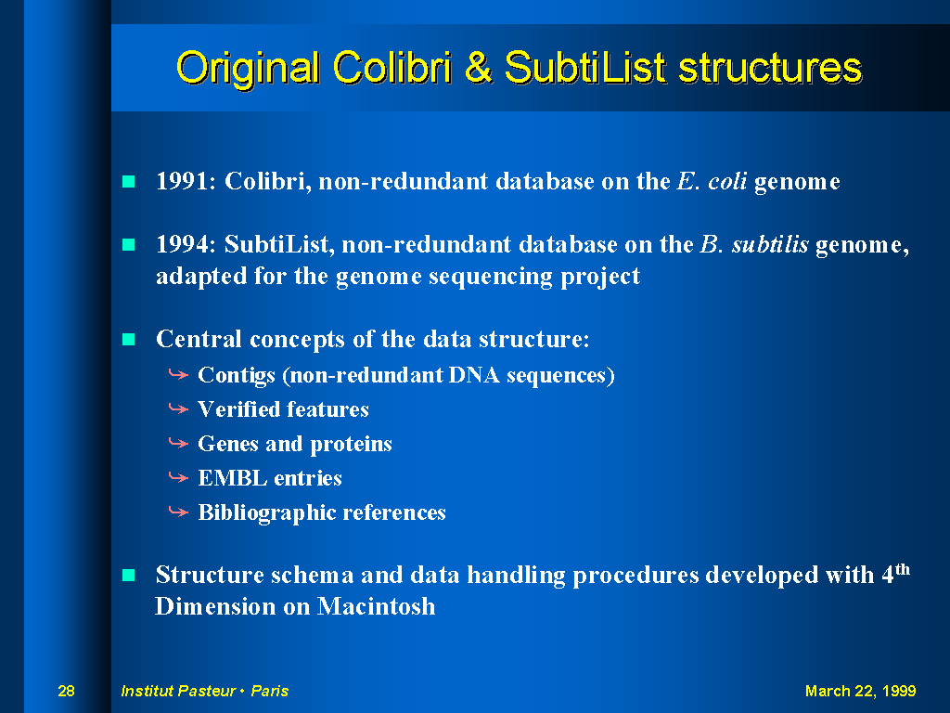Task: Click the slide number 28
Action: tap(66, 691)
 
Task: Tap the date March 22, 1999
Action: tap(860, 691)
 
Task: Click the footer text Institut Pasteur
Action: tap(178, 691)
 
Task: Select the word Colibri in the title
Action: tap(392, 67)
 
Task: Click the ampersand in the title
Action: tap(479, 67)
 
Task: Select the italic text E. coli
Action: tap(712, 181)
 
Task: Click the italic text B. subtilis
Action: tap(754, 244)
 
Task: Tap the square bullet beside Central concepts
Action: tap(128, 339)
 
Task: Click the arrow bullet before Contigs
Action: tap(178, 375)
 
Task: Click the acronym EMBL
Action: tap(233, 478)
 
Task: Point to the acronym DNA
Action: tap(474, 375)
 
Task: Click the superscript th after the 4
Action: tap(903, 569)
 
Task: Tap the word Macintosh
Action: tap(376, 606)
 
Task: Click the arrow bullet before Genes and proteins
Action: tap(178, 444)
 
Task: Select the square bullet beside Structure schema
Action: tap(128, 575)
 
